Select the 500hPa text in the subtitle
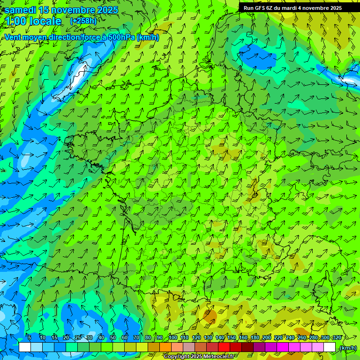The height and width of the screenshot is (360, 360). (x=122, y=37)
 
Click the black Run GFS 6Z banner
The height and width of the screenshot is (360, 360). (x=292, y=8)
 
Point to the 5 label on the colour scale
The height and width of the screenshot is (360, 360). (x=30, y=337)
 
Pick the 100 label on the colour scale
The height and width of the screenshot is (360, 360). (x=173, y=337)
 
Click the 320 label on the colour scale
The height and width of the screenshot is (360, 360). (x=337, y=337)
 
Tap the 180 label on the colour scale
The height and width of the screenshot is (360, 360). (x=255, y=337)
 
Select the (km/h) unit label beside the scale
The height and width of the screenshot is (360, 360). (x=348, y=348)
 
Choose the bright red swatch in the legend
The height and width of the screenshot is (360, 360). (x=224, y=347)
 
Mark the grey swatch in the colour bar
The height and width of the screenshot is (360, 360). (x=189, y=347)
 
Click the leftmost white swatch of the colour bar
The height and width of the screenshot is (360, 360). (x=25, y=347)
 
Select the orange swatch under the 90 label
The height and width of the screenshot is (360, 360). (x=165, y=347)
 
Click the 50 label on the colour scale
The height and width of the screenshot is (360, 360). (x=113, y=337)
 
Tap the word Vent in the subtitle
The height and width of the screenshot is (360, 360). (x=13, y=37)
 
